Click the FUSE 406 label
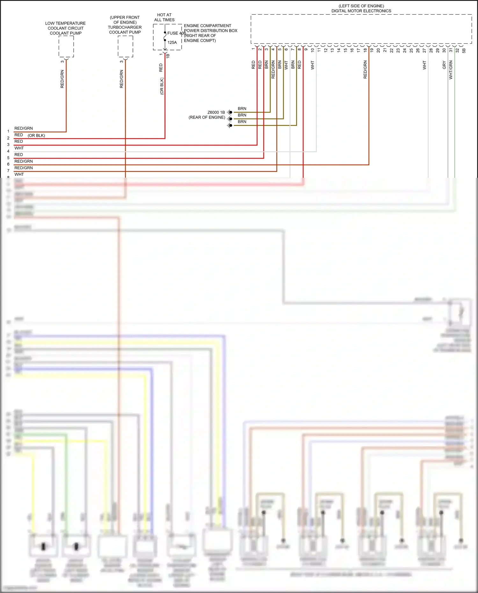pyautogui.click(x=176, y=33)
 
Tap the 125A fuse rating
pyautogui.click(x=172, y=42)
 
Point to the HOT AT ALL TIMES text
pyautogui.click(x=164, y=17)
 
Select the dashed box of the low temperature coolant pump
pyautogui.click(x=66, y=47)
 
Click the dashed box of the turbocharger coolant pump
pyautogui.click(x=126, y=47)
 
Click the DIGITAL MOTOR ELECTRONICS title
pyautogui.click(x=361, y=11)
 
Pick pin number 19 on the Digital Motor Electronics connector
pyautogui.click(x=372, y=50)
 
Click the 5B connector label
pyautogui.click(x=464, y=50)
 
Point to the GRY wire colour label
pyautogui.click(x=444, y=65)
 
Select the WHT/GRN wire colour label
pyautogui.click(x=451, y=70)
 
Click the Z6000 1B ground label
pyautogui.click(x=216, y=112)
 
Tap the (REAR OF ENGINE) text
pyautogui.click(x=207, y=117)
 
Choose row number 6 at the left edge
pyautogui.click(x=8, y=164)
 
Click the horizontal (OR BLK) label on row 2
pyautogui.click(x=36, y=135)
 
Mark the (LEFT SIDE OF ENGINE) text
pyautogui.click(x=361, y=6)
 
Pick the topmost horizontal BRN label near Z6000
pyautogui.click(x=242, y=109)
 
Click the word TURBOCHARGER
pyautogui.click(x=125, y=27)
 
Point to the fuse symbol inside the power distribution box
pyautogui.click(x=165, y=36)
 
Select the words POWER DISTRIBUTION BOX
pyautogui.click(x=211, y=31)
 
